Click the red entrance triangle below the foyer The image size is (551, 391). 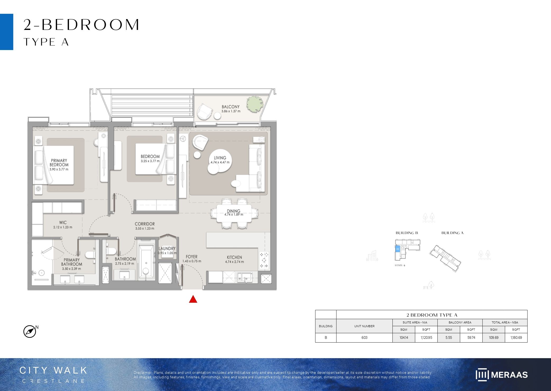click(x=193, y=299)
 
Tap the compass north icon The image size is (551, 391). click(x=30, y=331)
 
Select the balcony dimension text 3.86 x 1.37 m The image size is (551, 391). click(x=231, y=111)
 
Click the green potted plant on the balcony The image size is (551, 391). click(x=255, y=104)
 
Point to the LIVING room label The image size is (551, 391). click(x=220, y=158)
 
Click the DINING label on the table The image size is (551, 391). click(x=233, y=211)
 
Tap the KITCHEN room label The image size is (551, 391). click(x=234, y=257)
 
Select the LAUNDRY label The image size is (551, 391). click(x=167, y=249)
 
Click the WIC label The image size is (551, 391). click(x=63, y=223)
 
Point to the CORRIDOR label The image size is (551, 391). click(x=145, y=224)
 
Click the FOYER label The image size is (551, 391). click(x=192, y=257)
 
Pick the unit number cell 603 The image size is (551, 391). click(x=364, y=338)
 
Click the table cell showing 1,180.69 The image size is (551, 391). click(x=516, y=338)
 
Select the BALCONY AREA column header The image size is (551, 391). click(x=460, y=322)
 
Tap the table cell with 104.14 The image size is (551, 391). click(x=404, y=338)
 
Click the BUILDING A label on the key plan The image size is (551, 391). click(x=452, y=233)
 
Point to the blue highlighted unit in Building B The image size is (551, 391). click(x=397, y=249)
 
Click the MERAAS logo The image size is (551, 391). click(x=502, y=375)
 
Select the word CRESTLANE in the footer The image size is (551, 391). click(x=53, y=381)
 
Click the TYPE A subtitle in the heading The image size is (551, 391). click(x=46, y=42)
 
